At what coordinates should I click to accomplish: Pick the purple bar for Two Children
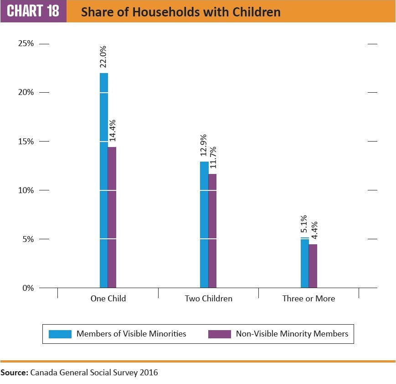tap(212, 231)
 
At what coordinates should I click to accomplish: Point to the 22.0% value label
tap(103, 57)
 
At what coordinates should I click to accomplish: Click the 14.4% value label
tap(112, 131)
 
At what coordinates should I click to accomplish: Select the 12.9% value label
tap(204, 145)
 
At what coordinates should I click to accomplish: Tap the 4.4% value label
tap(314, 232)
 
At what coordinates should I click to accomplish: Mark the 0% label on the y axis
tap(28, 288)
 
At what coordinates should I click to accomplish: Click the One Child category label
tap(108, 299)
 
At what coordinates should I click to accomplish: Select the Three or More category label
tap(309, 299)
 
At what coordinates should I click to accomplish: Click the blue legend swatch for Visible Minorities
tap(60, 334)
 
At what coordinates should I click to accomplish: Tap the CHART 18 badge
tap(33, 11)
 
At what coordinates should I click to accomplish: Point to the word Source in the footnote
tap(14, 373)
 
